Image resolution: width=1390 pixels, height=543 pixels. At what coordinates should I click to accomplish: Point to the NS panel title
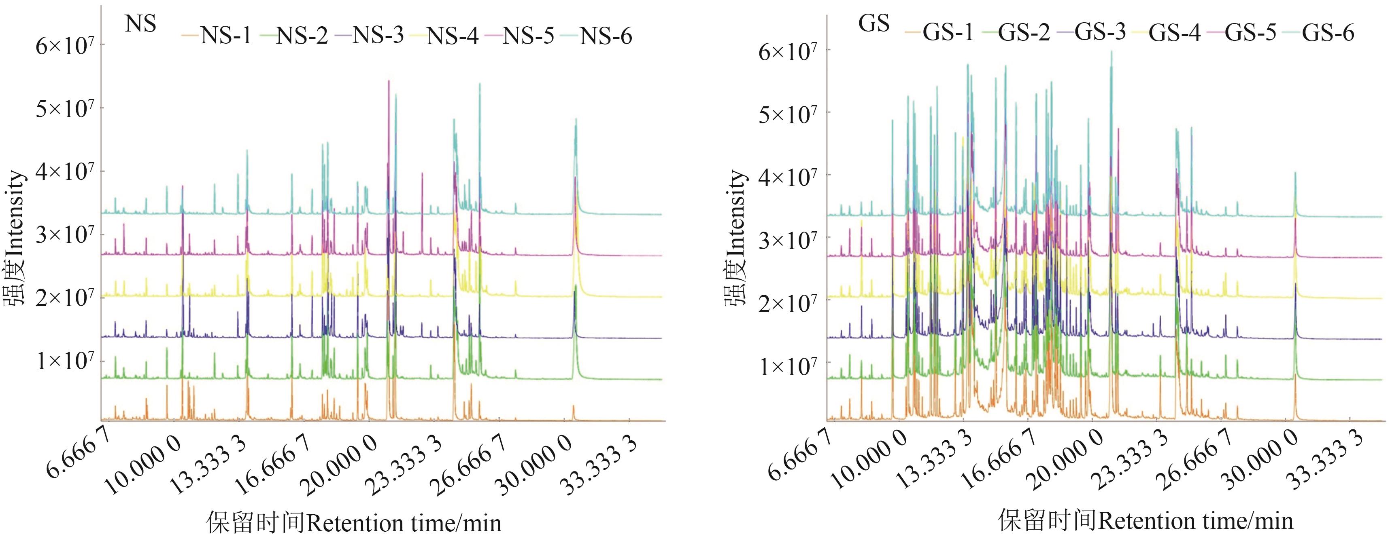tap(140, 24)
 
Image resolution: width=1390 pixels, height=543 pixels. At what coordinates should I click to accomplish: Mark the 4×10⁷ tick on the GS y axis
tap(788, 176)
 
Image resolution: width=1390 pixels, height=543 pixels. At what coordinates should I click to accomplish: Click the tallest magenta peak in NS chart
tap(389, 82)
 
